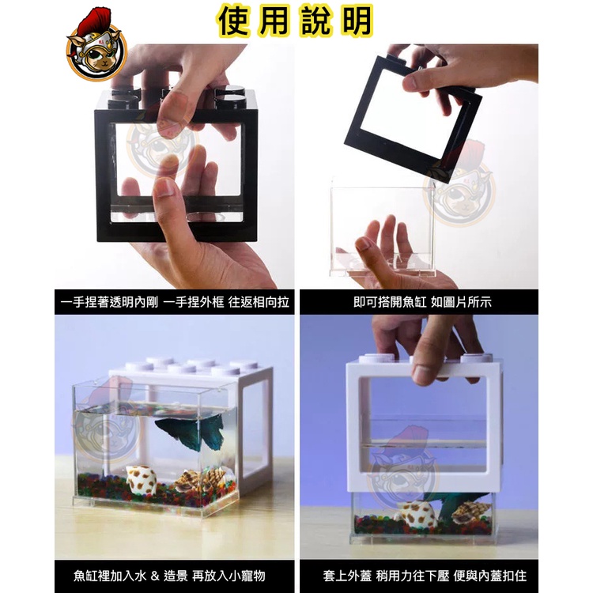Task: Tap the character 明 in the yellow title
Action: pos(357,21)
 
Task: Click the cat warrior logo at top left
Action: pos(96,44)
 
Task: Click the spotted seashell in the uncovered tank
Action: pos(141,479)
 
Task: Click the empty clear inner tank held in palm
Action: pos(383,227)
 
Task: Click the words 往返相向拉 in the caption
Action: pos(259,302)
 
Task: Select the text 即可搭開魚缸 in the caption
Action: pos(390,302)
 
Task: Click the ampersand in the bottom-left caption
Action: pos(155,576)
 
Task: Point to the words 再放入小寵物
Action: pos(229,576)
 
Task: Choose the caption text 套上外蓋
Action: pos(347,576)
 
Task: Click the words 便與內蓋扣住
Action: pos(489,576)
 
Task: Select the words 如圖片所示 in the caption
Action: pos(461,302)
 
